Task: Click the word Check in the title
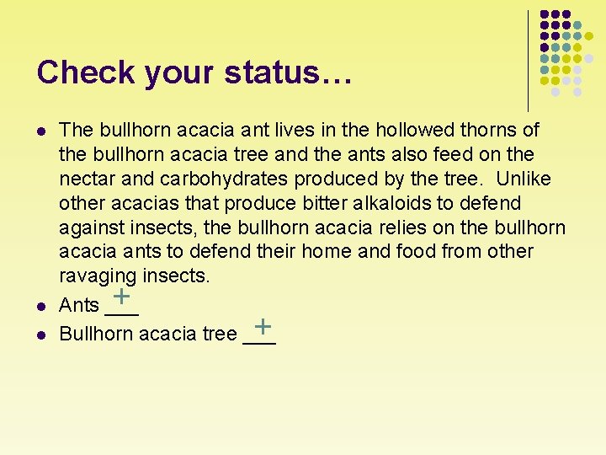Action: click(86, 72)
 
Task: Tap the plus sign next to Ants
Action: click(123, 296)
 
